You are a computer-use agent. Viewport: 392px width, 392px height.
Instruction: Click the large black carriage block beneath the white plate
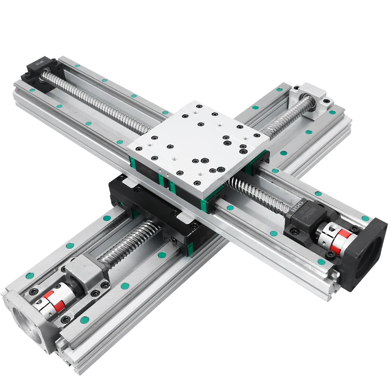point(147,206)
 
